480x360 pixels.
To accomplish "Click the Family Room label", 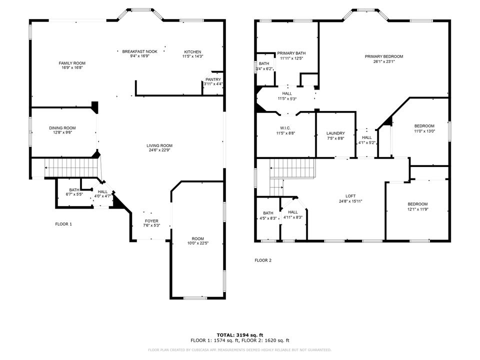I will [x=72, y=63].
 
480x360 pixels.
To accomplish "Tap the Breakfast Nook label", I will [x=140, y=51].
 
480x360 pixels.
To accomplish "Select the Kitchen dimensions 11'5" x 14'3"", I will [x=192, y=56].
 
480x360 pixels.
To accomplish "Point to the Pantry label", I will [x=213, y=79].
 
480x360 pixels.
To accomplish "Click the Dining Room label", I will [x=62, y=128].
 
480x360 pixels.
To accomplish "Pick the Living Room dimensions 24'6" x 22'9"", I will [x=160, y=150].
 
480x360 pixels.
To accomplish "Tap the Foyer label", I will [x=151, y=220].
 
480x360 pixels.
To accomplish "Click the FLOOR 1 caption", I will [x=63, y=224].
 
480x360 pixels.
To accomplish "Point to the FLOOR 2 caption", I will [x=263, y=260].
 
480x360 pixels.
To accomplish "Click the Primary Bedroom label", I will [x=383, y=56].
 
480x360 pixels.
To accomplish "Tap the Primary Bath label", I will [x=291, y=53].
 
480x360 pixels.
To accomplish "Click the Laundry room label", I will [x=335, y=133].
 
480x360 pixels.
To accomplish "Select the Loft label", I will [x=350, y=196].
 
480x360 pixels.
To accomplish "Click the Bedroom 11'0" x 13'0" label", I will [x=424, y=126].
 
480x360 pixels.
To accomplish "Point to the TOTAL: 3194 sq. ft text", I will [x=240, y=334].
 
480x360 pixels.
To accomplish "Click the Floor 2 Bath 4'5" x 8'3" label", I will [x=268, y=213].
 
